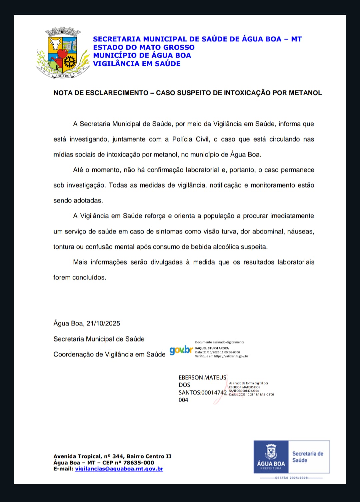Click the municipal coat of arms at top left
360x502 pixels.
(x=63, y=53)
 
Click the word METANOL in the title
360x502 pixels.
(x=305, y=93)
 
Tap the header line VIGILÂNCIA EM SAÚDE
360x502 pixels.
(x=137, y=64)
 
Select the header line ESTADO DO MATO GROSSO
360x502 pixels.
(x=144, y=47)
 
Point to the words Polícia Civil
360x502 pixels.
(x=191, y=139)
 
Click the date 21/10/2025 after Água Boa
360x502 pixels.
(x=103, y=323)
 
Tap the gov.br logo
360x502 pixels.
(x=181, y=350)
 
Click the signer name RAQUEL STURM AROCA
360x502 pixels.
(x=212, y=348)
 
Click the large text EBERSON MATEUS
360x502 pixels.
(x=202, y=377)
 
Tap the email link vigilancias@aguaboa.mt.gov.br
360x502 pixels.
(x=119, y=469)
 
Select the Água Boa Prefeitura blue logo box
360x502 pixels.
(x=271, y=457)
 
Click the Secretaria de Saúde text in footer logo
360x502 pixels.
(x=308, y=457)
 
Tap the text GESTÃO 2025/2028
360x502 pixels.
(x=291, y=478)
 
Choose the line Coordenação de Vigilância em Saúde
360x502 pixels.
(x=109, y=354)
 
